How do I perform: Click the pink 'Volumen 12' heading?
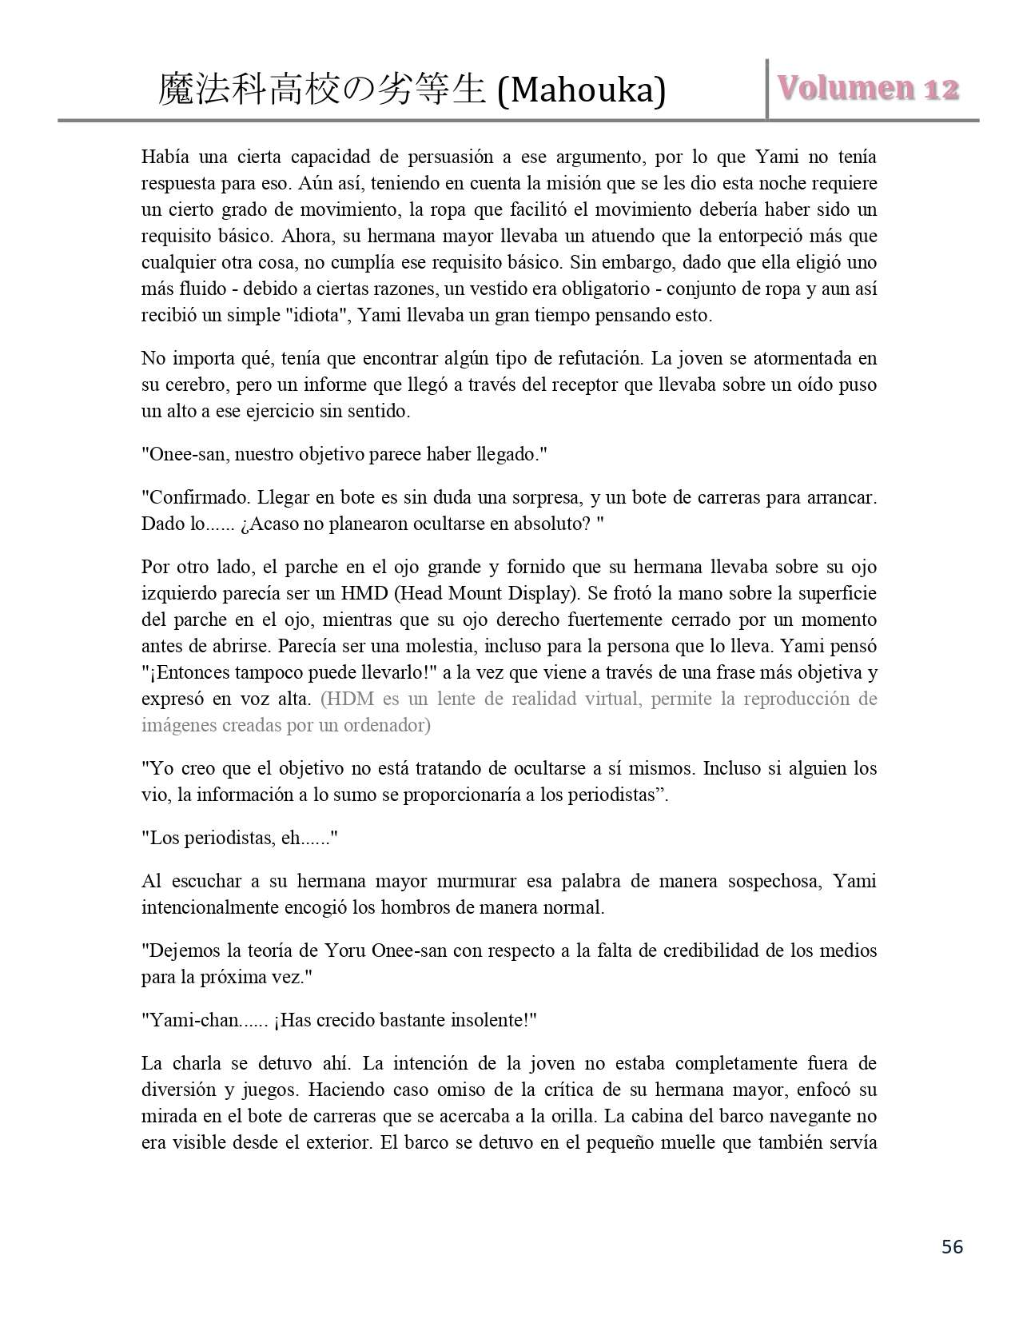click(868, 89)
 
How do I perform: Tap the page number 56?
click(952, 1246)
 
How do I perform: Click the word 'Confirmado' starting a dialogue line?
click(193, 497)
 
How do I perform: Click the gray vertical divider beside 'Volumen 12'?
click(767, 89)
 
